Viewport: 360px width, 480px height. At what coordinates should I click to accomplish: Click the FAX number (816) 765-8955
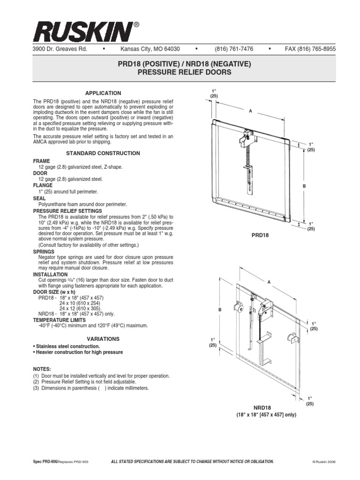[x=310, y=49]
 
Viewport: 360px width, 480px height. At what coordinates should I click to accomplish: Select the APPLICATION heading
[x=103, y=93]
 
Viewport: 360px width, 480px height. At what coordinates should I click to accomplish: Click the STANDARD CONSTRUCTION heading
[x=103, y=153]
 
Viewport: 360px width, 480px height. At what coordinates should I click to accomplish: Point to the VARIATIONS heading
[x=103, y=338]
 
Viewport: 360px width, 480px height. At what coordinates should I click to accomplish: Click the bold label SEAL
[x=39, y=198]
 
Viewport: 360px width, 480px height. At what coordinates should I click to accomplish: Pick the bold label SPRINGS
[x=44, y=252]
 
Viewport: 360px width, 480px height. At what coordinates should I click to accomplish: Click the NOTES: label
[x=42, y=369]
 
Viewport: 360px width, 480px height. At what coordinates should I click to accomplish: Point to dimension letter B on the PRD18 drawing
[x=304, y=186]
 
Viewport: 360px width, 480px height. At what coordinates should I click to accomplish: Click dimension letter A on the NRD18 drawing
[x=270, y=282]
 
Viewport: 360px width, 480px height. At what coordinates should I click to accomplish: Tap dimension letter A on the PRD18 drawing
[x=251, y=111]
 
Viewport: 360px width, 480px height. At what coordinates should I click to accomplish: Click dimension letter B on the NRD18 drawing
[x=218, y=309]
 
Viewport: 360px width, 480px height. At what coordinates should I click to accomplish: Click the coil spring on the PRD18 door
[x=247, y=157]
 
